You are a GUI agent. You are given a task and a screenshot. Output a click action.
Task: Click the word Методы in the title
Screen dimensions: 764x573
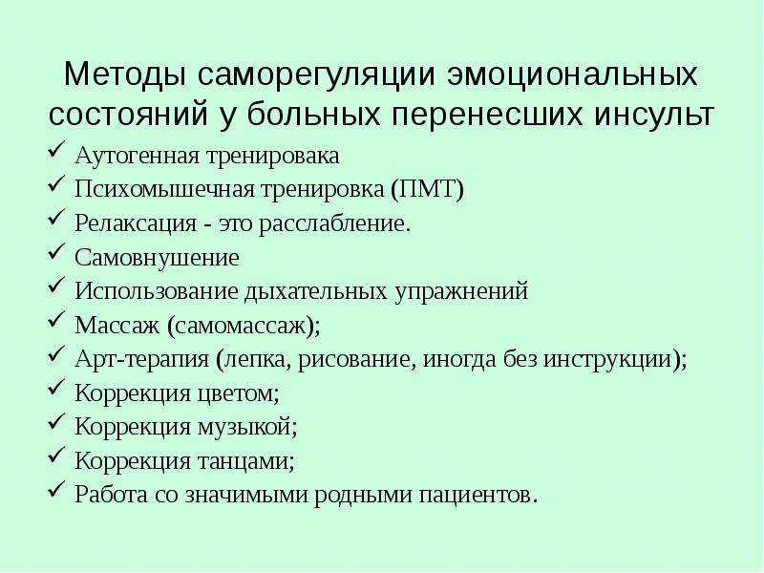125,75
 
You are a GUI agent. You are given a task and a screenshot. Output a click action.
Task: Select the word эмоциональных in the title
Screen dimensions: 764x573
572,75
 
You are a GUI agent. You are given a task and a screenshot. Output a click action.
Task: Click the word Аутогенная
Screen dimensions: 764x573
138,156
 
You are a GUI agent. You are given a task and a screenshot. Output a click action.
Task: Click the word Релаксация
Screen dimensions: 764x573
136,223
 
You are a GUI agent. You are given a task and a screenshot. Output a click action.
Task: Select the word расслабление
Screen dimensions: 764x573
335,223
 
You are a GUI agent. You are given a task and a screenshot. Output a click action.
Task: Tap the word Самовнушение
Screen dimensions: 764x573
157,257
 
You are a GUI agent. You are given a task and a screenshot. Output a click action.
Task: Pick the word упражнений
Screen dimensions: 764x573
461,292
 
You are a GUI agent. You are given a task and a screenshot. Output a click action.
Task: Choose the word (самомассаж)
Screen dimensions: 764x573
244,326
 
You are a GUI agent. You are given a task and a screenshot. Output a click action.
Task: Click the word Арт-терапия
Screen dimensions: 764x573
141,360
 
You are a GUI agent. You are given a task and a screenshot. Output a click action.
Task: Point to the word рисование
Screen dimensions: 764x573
357,360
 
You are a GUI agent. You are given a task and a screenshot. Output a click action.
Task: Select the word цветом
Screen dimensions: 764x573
238,393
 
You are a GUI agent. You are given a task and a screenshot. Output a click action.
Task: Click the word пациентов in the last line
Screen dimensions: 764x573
478,496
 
